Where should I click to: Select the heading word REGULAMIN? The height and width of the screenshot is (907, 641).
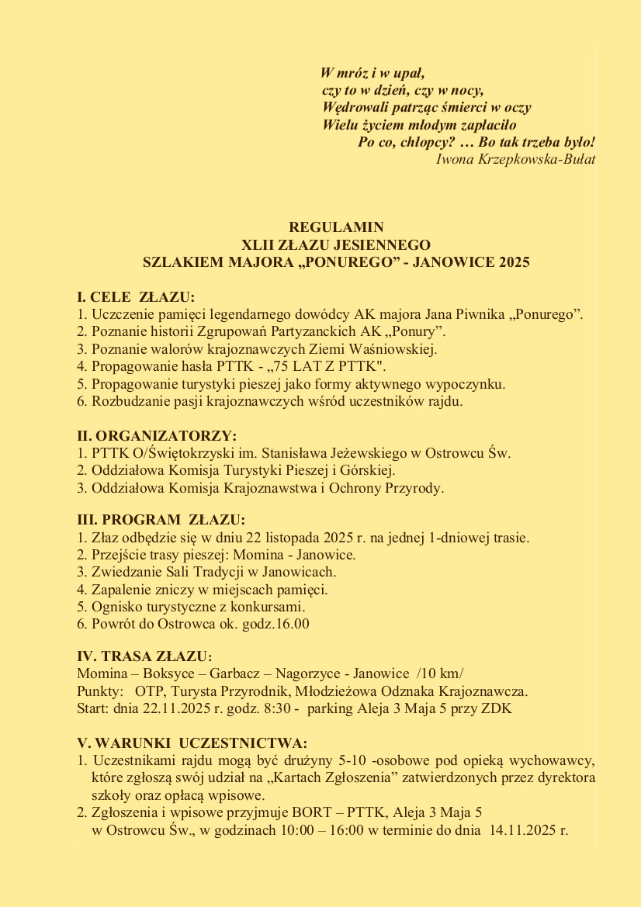point(336,227)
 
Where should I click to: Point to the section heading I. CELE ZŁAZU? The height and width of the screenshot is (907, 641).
point(136,297)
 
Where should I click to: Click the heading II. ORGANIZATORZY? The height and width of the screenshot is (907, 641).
point(157,436)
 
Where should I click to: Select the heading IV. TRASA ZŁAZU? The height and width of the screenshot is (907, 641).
point(144,656)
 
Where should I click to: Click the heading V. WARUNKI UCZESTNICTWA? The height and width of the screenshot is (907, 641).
point(192,742)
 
